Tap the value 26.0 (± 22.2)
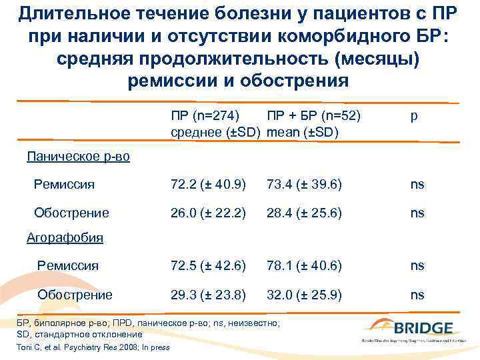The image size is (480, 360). pos(208,213)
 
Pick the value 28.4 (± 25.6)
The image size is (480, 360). pos(304,213)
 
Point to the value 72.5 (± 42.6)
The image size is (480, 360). pos(208,266)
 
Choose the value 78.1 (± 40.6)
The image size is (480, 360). pos(304,266)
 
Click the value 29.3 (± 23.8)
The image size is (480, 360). pos(208,295)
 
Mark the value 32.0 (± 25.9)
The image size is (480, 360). pos(304,295)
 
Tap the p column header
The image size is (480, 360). pos(415,116)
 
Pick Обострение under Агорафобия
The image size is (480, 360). pos(75,295)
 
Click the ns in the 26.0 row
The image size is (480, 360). pos(417,213)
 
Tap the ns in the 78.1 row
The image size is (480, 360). pos(417,266)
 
